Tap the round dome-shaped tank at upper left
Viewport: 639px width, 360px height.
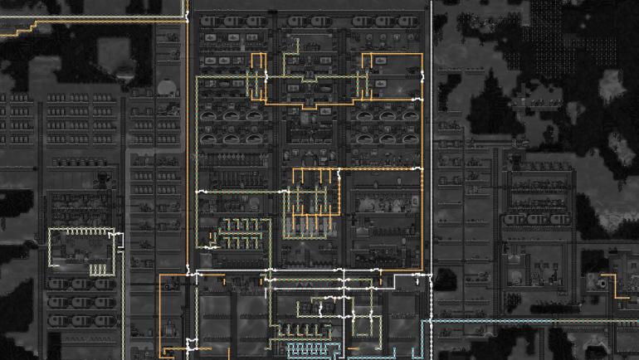[x=164, y=85]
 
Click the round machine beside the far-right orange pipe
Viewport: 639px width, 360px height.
[x=599, y=283]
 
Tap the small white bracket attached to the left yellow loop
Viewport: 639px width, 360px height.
[x=116, y=241]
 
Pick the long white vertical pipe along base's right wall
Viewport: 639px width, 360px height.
[x=431, y=166]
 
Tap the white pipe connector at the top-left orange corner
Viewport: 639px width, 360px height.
[x=188, y=274]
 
